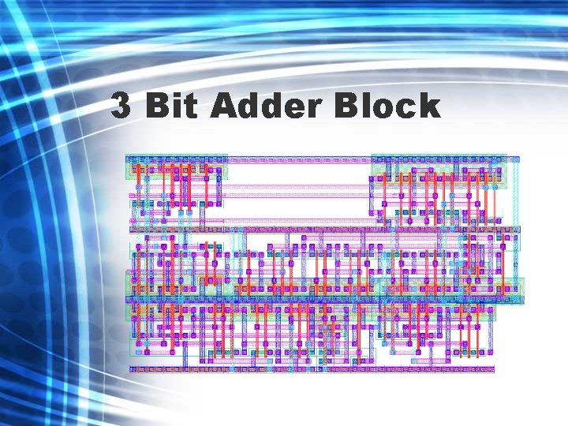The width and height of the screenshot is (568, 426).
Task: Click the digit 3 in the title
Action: (121, 106)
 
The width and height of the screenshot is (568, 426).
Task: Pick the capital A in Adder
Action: (224, 106)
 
